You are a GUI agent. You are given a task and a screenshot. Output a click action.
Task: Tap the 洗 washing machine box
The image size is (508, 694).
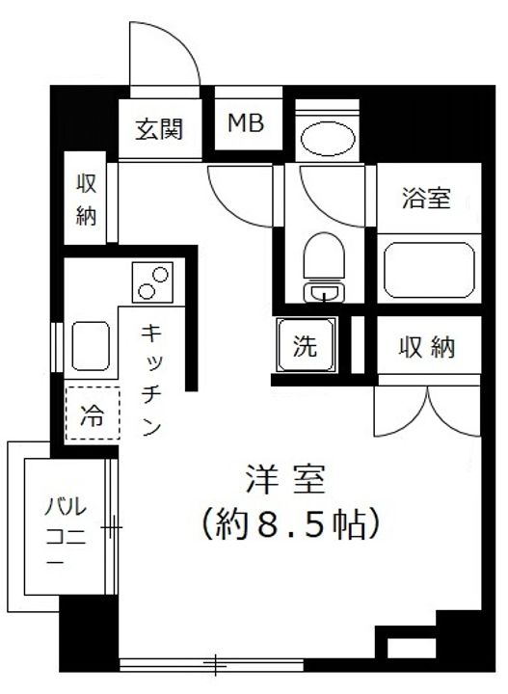307,344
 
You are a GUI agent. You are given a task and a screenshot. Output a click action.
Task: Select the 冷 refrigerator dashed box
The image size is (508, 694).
93,417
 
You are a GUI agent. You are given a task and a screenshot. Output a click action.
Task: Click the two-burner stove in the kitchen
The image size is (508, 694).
150,281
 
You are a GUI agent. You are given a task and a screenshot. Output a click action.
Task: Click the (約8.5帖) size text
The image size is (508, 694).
287,525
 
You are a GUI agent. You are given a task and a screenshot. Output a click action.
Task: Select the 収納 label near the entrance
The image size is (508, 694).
87,200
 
